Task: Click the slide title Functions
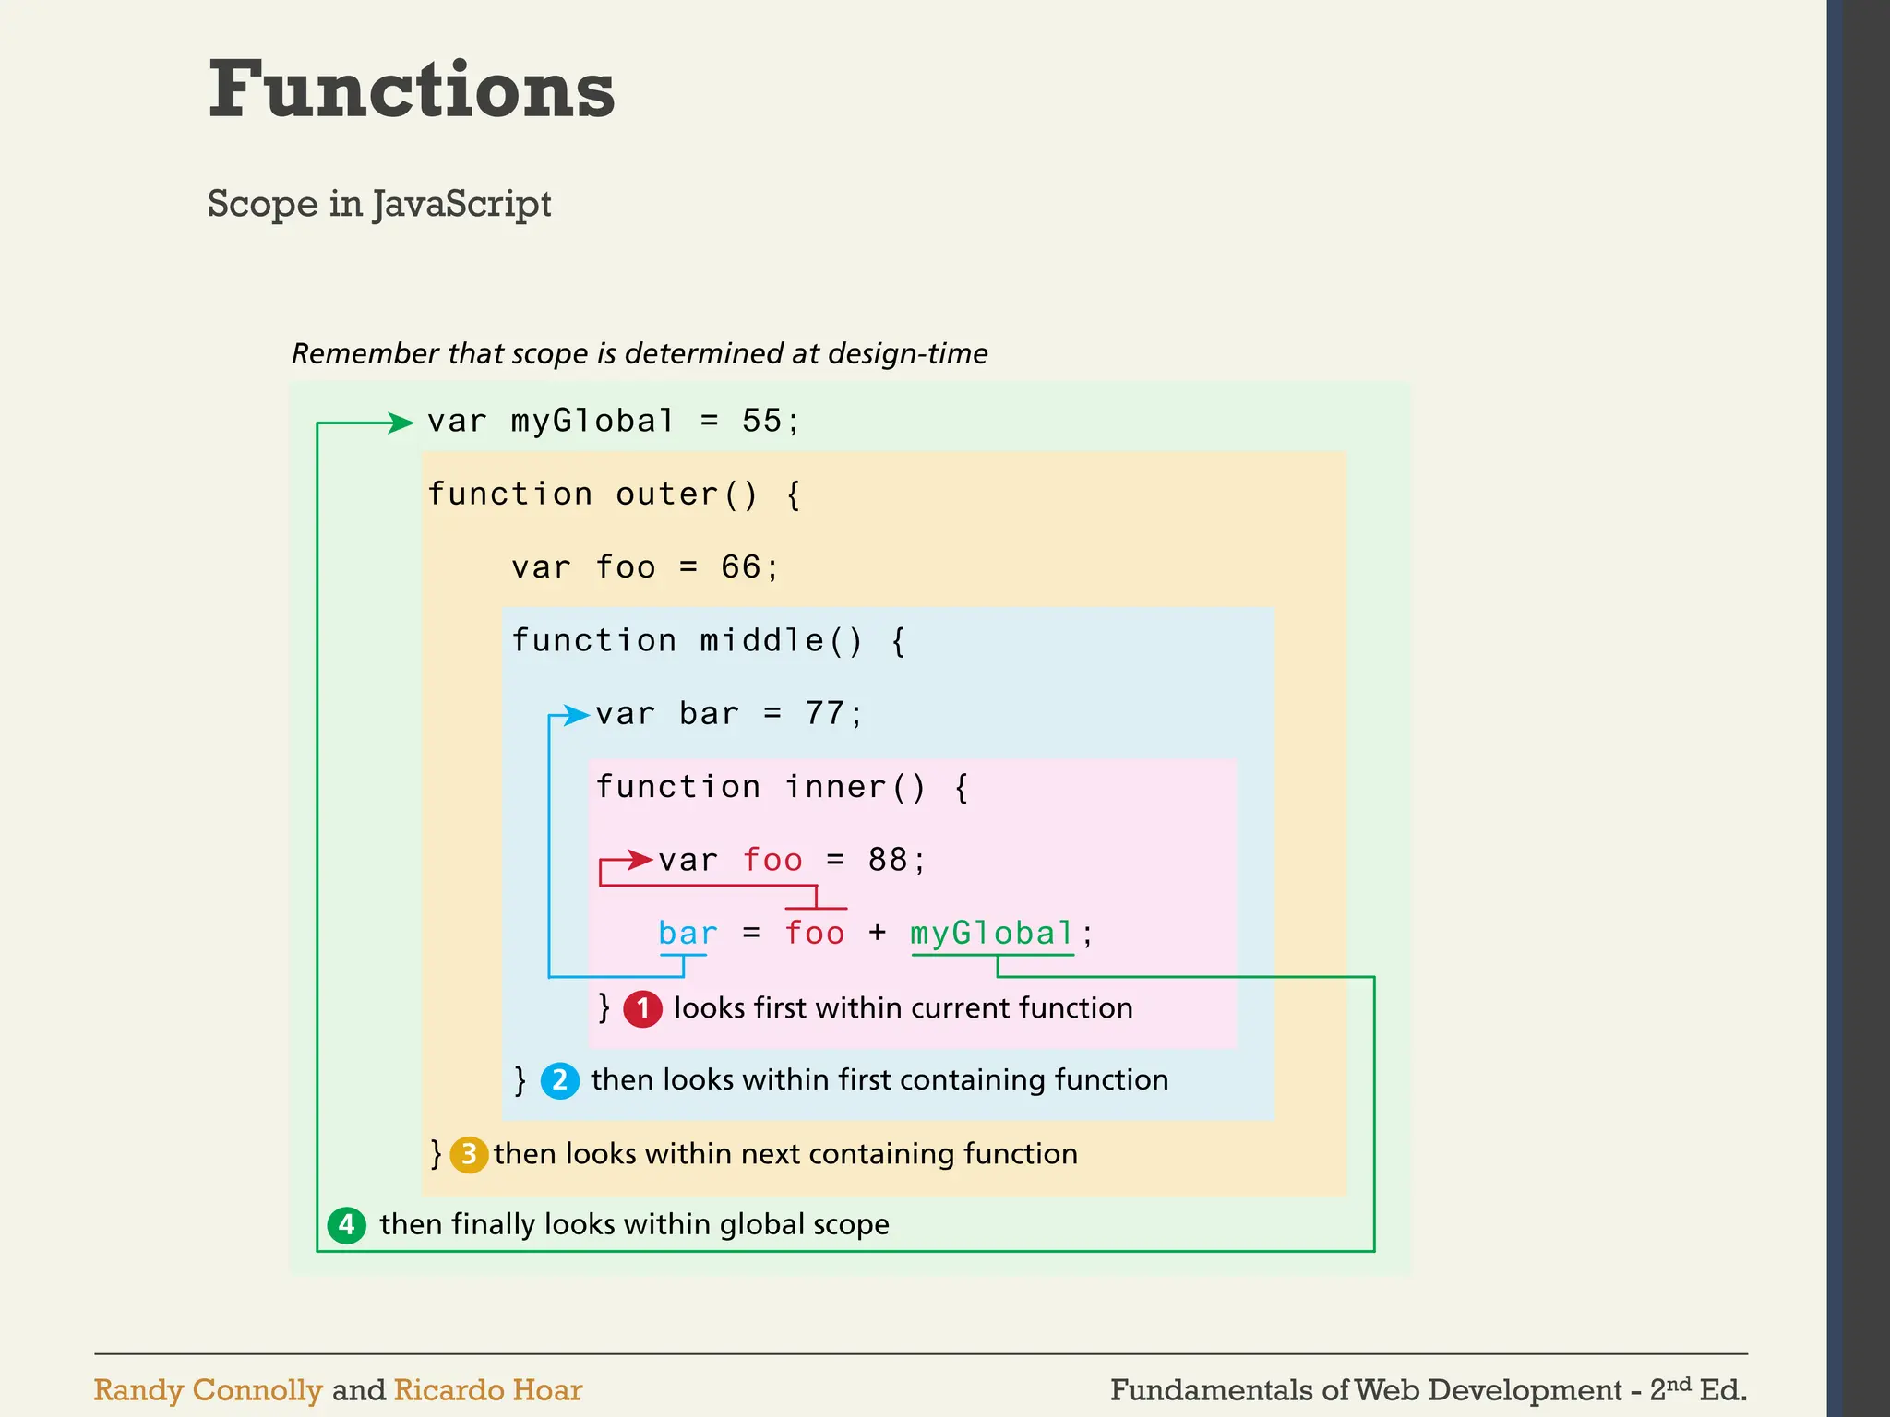pos(412,89)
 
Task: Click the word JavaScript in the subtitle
pos(462,204)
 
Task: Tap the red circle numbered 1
pos(642,1008)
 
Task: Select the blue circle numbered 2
pos(559,1080)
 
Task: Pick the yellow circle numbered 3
pos(469,1154)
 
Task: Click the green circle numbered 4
pos(347,1225)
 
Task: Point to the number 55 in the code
pos(762,422)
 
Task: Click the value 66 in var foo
pos(741,567)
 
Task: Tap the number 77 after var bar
pos(825,714)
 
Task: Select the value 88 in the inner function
pos(888,860)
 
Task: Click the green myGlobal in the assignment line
pos(992,934)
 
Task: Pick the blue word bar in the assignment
pos(688,934)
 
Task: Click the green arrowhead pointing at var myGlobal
pos(401,423)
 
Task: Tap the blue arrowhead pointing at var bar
pos(577,715)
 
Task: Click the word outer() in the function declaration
pos(687,494)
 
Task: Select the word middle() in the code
pos(781,641)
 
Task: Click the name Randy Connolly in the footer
pos(209,1390)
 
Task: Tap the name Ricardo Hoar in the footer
pos(488,1390)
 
